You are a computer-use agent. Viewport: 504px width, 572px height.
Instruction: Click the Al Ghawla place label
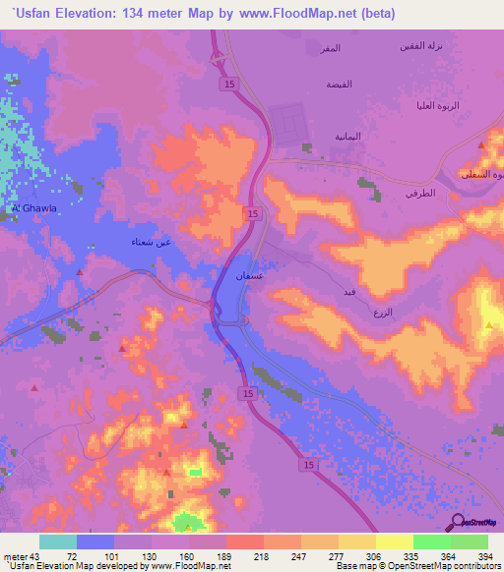28,208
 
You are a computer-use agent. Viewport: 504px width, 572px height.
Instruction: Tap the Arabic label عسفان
248,277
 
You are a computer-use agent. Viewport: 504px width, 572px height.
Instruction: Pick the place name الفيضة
340,85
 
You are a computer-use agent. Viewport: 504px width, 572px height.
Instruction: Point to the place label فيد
349,292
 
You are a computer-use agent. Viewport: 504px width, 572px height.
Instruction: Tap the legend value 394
486,555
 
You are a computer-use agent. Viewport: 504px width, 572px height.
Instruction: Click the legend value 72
72,555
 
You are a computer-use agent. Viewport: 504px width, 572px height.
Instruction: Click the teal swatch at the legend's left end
57,541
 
